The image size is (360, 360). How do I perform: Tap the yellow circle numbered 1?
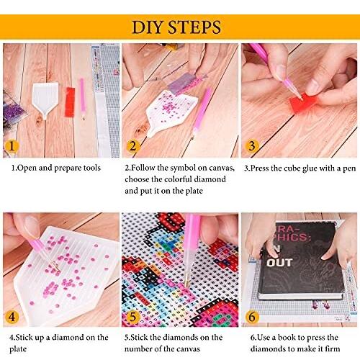click(x=12, y=146)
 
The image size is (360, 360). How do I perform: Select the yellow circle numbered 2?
click(x=132, y=146)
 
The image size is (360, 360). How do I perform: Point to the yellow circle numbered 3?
click(x=252, y=145)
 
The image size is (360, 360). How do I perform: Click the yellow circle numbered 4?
click(x=12, y=317)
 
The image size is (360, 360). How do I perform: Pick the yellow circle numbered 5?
click(x=132, y=317)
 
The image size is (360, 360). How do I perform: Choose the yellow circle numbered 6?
click(x=252, y=317)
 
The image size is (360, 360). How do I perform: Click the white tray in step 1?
click(x=45, y=99)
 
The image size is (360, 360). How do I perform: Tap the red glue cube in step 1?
click(x=70, y=102)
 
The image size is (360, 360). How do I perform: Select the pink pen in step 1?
click(x=82, y=99)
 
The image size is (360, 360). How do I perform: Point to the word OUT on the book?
click(x=279, y=263)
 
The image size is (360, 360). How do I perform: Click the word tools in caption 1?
click(x=91, y=168)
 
